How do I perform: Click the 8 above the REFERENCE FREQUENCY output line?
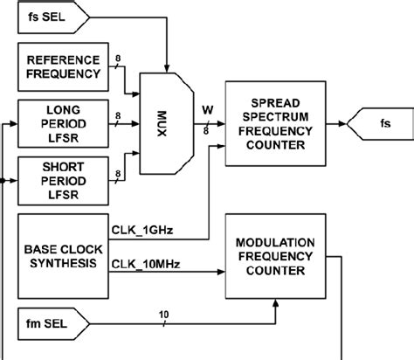[118, 58]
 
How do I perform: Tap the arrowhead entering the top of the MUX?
[169, 66]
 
